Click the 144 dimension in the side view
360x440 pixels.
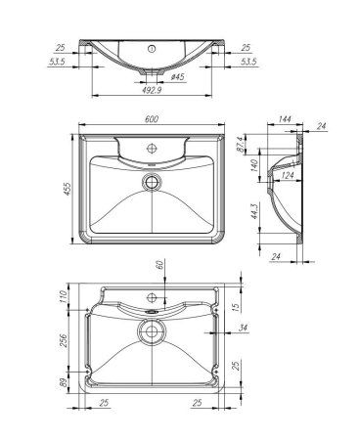tap(286, 120)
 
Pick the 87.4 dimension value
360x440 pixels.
tap(266, 146)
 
